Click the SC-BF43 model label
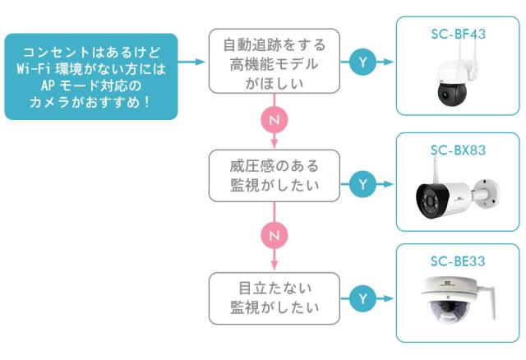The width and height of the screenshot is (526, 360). coord(458,35)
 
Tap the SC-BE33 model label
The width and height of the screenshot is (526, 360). coord(458,261)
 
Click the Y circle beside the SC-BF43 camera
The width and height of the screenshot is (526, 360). coord(363,62)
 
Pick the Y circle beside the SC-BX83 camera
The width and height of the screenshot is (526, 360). coord(363,184)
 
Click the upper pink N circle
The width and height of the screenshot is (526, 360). coord(274,120)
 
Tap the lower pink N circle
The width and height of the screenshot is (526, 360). coord(274,236)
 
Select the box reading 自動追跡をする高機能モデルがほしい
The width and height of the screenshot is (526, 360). coord(274,62)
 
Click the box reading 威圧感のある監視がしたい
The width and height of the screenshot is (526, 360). coord(274,175)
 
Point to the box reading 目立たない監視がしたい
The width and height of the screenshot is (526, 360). coord(274,298)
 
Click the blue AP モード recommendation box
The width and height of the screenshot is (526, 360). coord(90,76)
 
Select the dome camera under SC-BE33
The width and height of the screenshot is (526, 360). coord(452,304)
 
